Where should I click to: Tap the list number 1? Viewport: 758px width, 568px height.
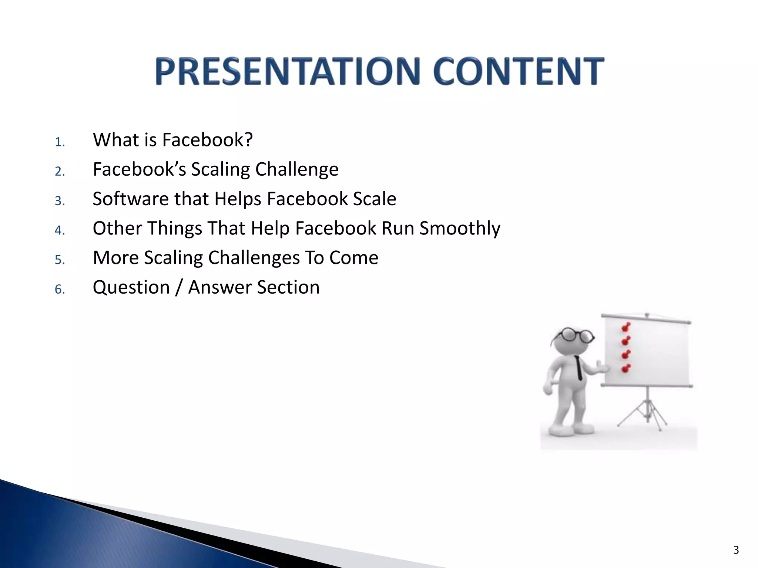59,142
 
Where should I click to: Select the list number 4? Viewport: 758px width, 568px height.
59,230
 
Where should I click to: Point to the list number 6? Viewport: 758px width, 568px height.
59,289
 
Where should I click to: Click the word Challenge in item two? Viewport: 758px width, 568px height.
297,170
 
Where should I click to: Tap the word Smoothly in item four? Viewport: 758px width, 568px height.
460,229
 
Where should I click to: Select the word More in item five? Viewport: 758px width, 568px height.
115,257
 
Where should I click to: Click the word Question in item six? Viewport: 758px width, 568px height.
131,288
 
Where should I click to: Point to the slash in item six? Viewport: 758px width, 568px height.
179,288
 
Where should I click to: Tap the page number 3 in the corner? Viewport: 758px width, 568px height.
736,550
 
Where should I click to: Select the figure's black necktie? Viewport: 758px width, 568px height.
578,368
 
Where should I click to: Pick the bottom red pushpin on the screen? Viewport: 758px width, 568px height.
626,368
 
